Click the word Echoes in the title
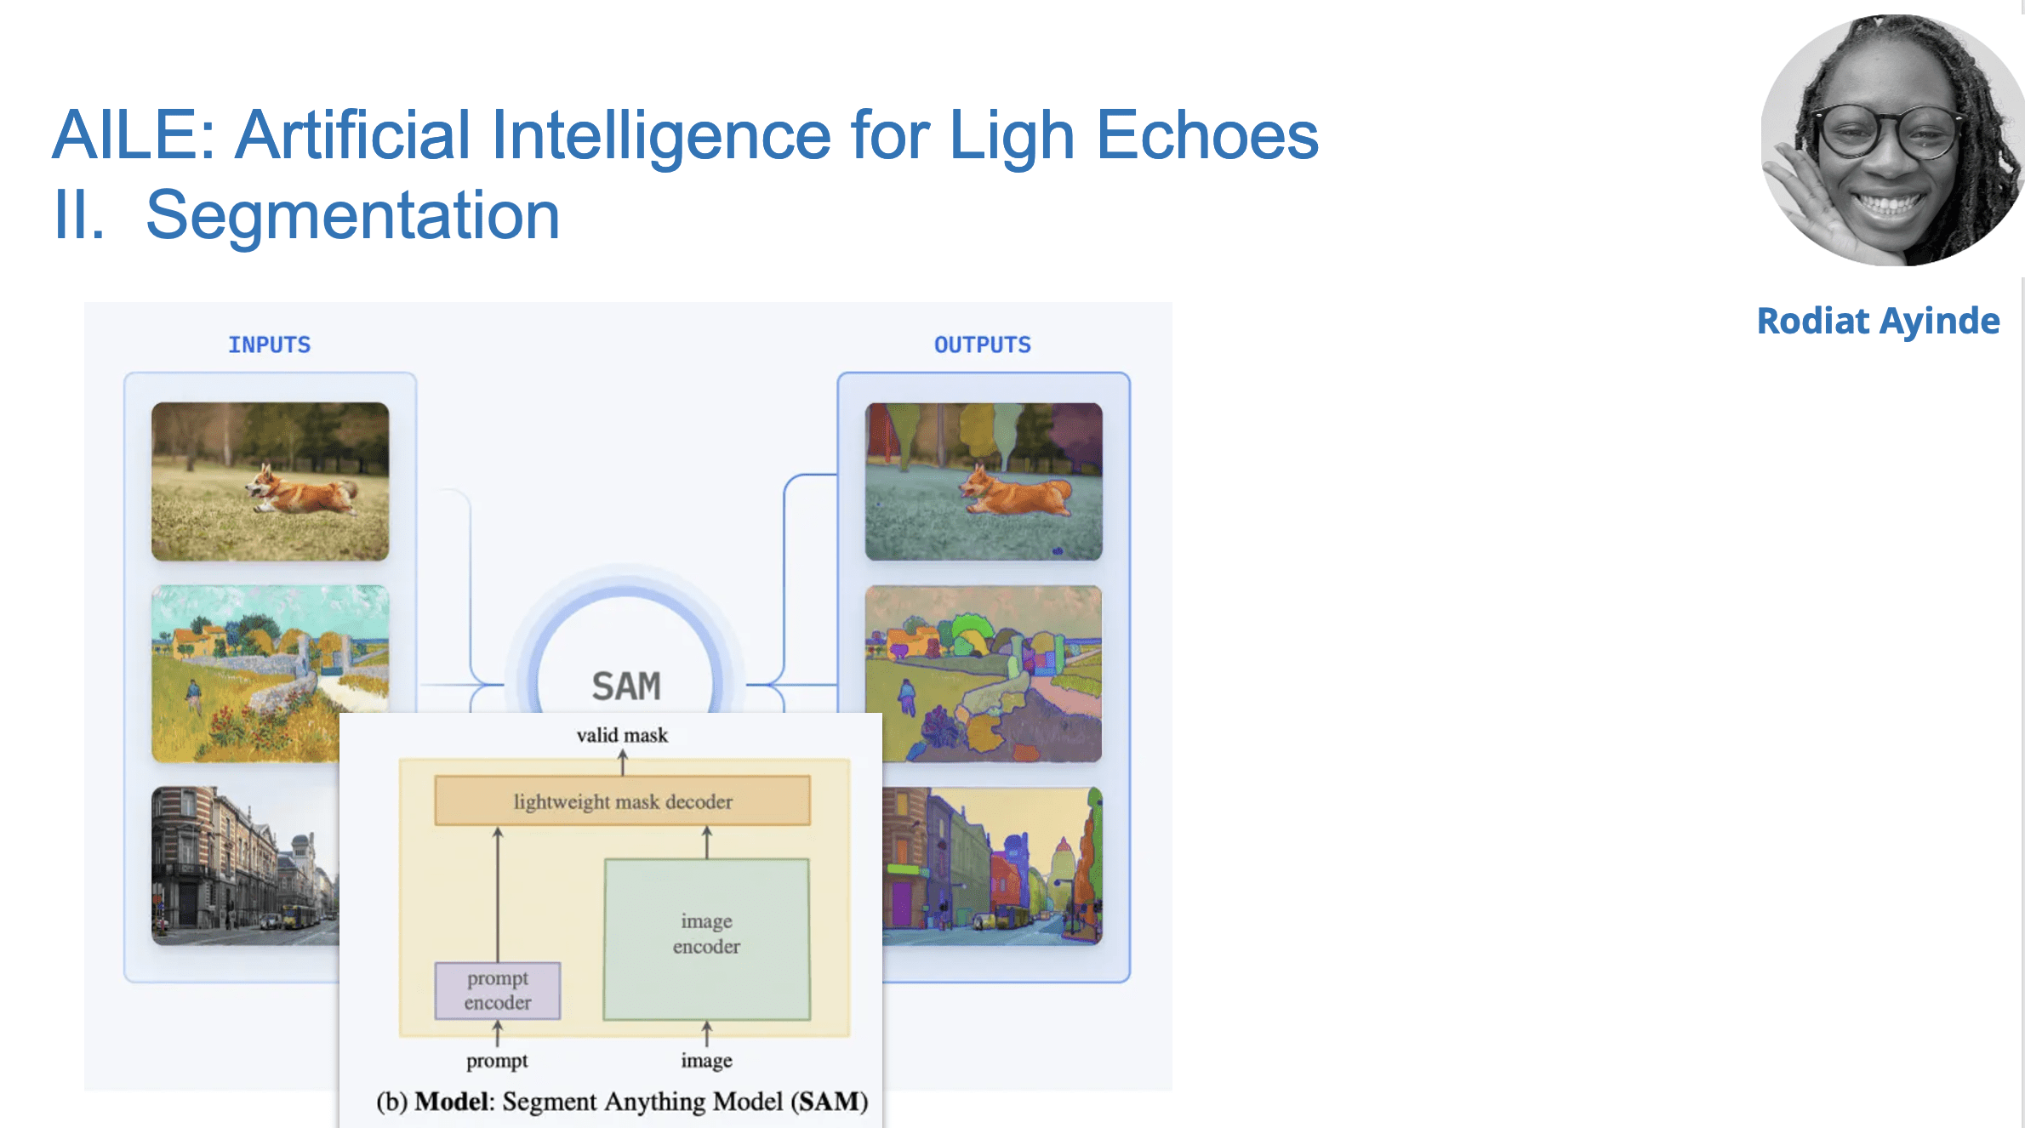tap(1206, 136)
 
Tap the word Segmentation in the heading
tap(352, 216)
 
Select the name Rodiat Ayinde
tap(1878, 321)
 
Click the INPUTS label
tap(269, 345)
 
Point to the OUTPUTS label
tap(982, 345)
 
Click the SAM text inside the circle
tap(625, 686)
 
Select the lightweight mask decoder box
tap(622, 800)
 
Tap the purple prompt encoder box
tap(498, 990)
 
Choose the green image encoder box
tap(706, 938)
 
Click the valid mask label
tap(622, 735)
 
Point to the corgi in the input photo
tap(302, 490)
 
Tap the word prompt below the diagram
tap(497, 1061)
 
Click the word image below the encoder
tap(706, 1061)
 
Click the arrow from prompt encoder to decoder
tap(498, 893)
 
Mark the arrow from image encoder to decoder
tap(706, 842)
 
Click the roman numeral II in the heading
tap(78, 216)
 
